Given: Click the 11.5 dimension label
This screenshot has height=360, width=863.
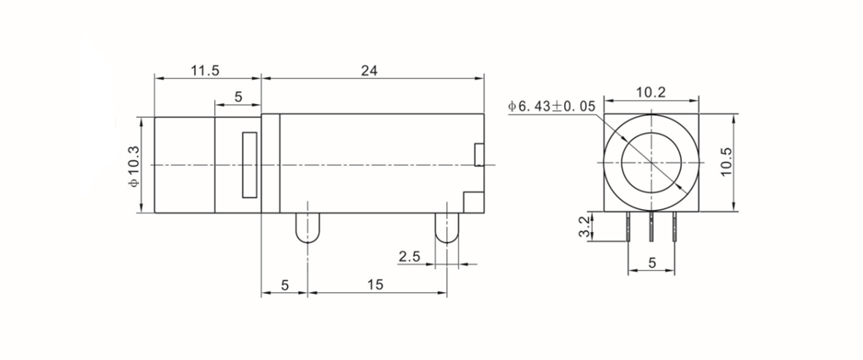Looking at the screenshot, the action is [205, 70].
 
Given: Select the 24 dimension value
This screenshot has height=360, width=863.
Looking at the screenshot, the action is [369, 70].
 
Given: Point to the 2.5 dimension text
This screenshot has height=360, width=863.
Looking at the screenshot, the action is [409, 256].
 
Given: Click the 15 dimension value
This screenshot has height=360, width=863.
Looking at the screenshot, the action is [375, 285].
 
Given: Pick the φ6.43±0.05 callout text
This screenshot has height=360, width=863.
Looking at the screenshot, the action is [551, 106].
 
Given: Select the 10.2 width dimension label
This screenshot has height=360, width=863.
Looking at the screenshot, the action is [650, 92].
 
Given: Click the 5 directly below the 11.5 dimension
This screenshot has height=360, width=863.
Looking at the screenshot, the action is [238, 97].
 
